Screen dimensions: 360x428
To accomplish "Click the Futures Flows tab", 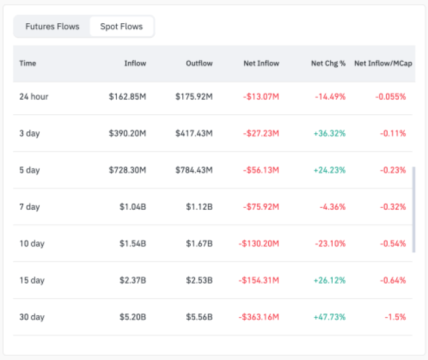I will (52, 27).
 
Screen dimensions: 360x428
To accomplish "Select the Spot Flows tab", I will (121, 27).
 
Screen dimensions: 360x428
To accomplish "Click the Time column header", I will (28, 63).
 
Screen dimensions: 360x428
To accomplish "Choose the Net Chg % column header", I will (328, 63).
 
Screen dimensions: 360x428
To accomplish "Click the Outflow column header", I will (199, 63).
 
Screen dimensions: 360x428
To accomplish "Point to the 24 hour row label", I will (34, 97).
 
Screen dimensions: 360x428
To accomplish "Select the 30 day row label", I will (32, 317).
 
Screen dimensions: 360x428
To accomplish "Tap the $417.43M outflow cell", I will (194, 133).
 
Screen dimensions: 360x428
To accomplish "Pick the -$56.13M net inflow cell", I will (260, 170).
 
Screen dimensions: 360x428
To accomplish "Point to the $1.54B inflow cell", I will (133, 244).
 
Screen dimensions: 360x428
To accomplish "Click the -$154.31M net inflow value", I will (259, 281).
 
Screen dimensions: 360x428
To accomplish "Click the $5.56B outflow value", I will (199, 317).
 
